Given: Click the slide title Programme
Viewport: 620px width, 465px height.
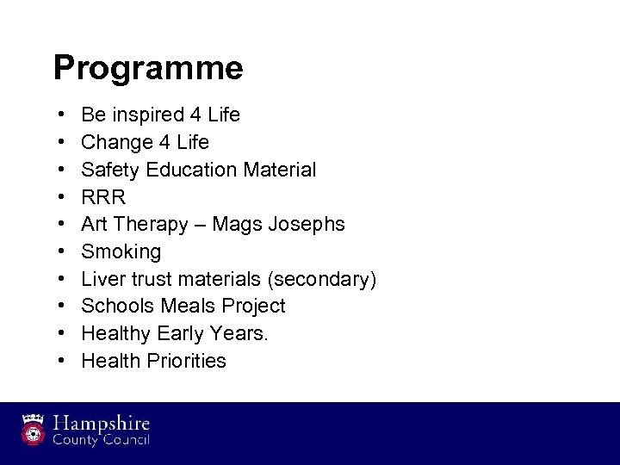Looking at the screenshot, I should [147, 67].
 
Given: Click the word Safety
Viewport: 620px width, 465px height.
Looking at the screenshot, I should [111, 169].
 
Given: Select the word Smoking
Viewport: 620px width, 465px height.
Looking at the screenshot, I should [121, 251].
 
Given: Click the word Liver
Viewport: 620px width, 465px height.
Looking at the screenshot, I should [102, 279].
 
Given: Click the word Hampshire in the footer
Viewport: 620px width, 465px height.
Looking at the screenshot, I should [102, 424].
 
